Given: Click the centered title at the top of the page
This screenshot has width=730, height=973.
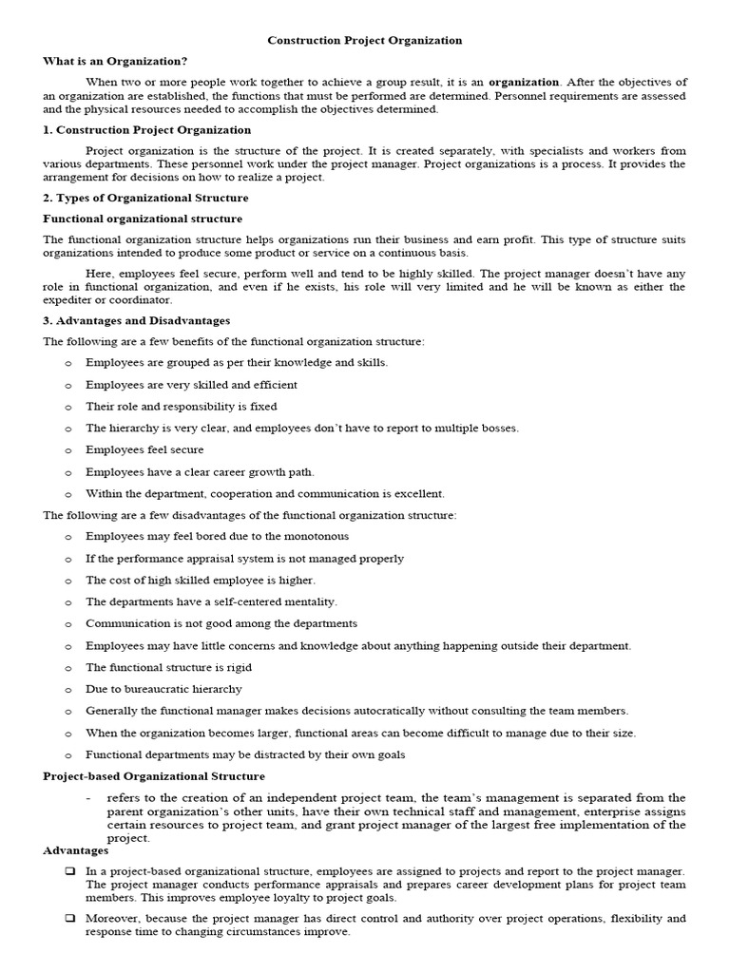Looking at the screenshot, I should point(365,41).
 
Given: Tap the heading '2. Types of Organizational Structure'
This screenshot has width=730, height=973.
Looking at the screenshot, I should point(145,198).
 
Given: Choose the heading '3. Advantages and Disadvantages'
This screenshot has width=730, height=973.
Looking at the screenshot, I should point(137,320).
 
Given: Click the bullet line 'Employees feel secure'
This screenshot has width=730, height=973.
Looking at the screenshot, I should point(144,449).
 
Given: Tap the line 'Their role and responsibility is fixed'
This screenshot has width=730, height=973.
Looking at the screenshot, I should point(182,406).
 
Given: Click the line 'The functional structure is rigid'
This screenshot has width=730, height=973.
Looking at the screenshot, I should point(168,667).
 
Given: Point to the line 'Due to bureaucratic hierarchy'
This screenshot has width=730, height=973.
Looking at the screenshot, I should point(163,689).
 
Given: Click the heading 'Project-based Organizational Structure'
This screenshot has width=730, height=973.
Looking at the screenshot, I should point(154,776).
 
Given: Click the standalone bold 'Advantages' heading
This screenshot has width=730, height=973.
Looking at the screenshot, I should point(76,850).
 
